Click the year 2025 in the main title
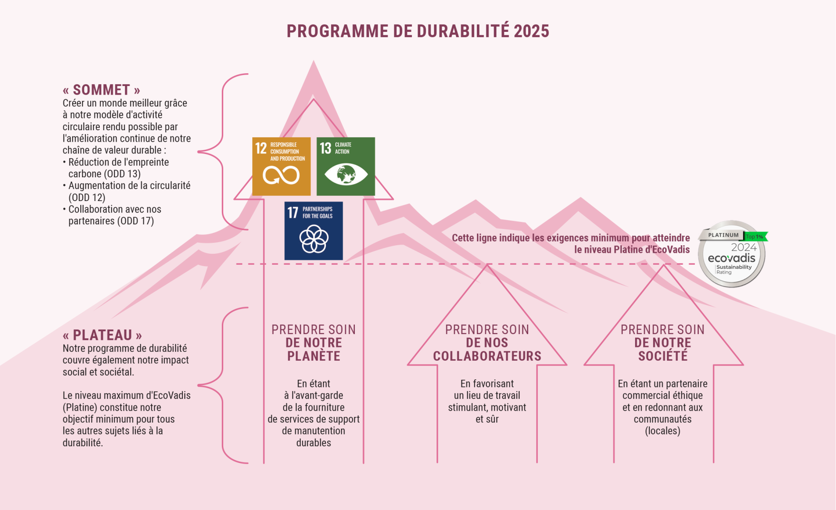[x=531, y=31]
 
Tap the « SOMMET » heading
[x=102, y=90]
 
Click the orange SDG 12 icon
[x=281, y=166]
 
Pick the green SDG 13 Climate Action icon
[x=346, y=166]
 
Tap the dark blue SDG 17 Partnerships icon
[x=313, y=231]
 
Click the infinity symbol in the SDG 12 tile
[x=281, y=175]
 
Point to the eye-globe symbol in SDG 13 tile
[x=346, y=174]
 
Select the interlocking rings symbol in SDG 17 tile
[x=313, y=239]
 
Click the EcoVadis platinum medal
[x=732, y=254]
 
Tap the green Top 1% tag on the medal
[x=755, y=236]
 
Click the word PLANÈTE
[x=313, y=356]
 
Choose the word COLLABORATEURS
[x=487, y=356]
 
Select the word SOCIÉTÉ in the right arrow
[x=663, y=356]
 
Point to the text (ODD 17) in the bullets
[x=135, y=221]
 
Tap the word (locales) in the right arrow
[x=663, y=431]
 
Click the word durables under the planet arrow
[x=313, y=443]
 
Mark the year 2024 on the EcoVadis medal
[x=744, y=247]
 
